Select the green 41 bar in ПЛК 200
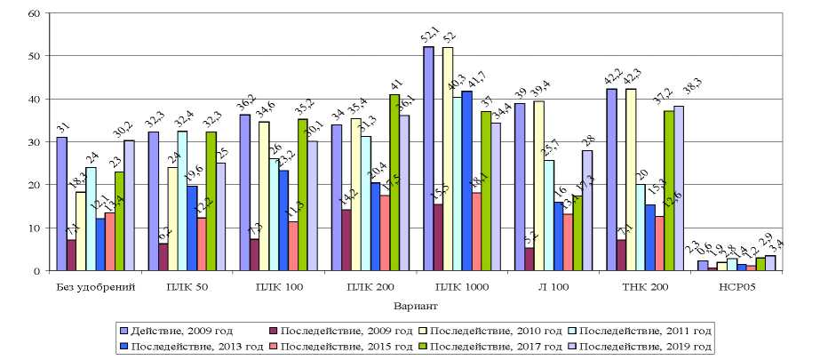[x=394, y=182]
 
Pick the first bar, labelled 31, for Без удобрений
[x=61, y=204]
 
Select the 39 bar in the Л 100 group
[x=520, y=187]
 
